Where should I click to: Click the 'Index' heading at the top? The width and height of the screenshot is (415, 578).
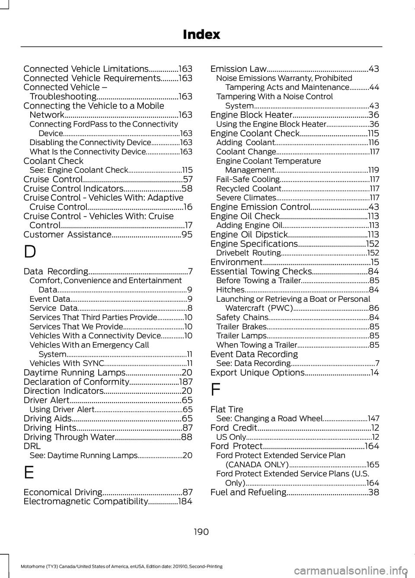pos(201,35)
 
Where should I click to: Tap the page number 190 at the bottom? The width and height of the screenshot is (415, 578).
pos(201,531)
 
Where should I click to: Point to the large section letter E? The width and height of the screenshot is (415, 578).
pos(29,473)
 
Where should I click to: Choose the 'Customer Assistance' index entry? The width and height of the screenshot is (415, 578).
pos(67,235)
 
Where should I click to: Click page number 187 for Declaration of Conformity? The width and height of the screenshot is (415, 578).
pos(185,382)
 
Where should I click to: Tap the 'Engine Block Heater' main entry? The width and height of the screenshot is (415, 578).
pos(251,115)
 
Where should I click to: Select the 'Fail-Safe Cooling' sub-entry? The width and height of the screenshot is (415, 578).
pos(248,179)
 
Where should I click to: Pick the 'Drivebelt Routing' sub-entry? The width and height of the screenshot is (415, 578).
pos(248,253)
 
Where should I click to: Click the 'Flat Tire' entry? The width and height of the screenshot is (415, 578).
pos(227,409)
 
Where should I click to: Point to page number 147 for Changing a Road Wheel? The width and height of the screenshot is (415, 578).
pos(373,418)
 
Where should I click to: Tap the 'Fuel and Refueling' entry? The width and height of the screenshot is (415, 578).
pos(248,492)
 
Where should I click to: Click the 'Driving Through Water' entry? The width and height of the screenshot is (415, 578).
pos(69,437)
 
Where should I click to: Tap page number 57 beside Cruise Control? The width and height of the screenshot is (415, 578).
pos(188,179)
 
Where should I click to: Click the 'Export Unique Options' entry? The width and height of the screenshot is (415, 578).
pos(258,373)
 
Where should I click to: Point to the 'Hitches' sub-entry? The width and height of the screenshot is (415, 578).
pos(230,290)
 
